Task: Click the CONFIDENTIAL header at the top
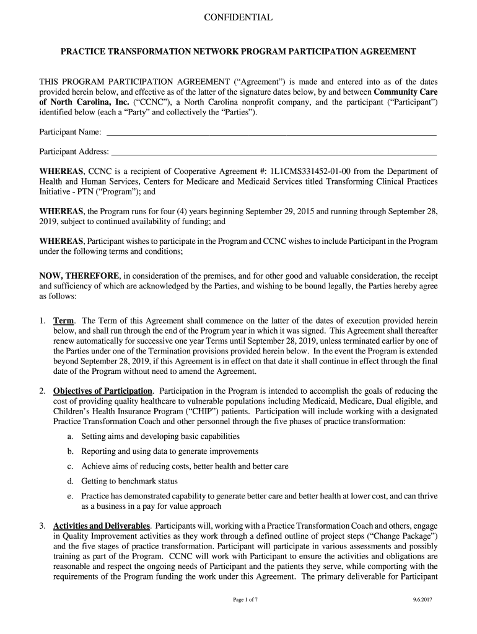click(x=238, y=18)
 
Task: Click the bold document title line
click(x=238, y=52)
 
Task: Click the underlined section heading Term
click(x=64, y=321)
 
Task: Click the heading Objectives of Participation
click(x=103, y=391)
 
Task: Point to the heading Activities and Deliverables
click(x=102, y=526)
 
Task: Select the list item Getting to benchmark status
click(x=129, y=481)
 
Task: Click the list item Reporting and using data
click(x=170, y=451)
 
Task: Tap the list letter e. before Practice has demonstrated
click(x=70, y=496)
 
